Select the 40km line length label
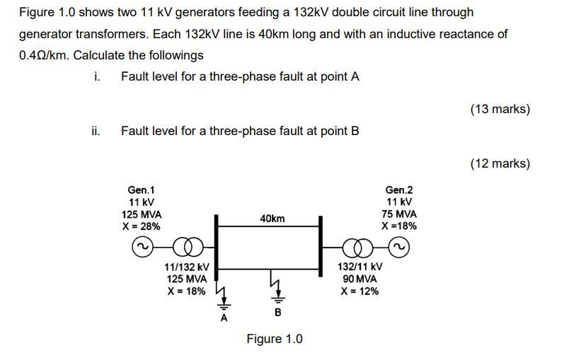pos(272,219)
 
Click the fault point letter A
pos(224,318)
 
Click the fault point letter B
pos(277,312)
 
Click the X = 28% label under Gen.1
pos(142,226)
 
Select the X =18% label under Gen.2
pos(399,226)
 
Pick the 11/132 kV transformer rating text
pos(186,267)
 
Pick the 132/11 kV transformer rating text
pos(360,267)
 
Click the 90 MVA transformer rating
pos(360,279)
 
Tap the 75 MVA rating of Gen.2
pos(400,214)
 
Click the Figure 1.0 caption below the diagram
pos(274,339)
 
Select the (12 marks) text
pos(500,163)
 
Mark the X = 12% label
pos(360,291)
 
